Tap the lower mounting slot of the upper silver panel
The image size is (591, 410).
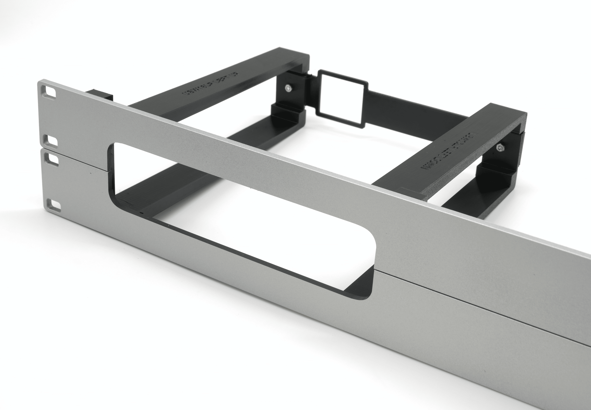click(x=50, y=140)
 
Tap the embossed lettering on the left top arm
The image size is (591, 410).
click(x=210, y=83)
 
